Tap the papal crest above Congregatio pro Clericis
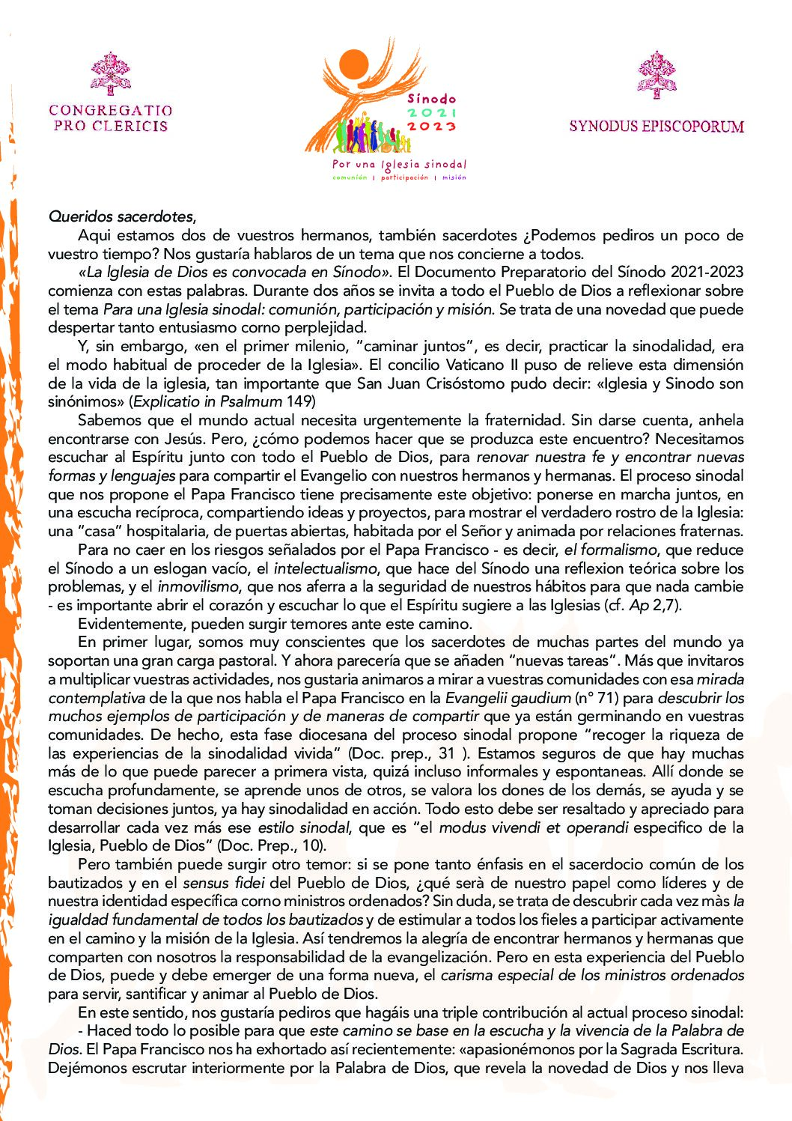pyautogui.click(x=111, y=73)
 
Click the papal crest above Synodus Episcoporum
pyautogui.click(x=657, y=75)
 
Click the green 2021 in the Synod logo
pyautogui.click(x=431, y=112)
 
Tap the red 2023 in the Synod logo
pyautogui.click(x=431, y=126)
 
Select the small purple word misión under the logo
pyautogui.click(x=454, y=177)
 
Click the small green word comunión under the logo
pyautogui.click(x=350, y=177)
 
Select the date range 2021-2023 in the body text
pyautogui.click(x=707, y=272)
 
